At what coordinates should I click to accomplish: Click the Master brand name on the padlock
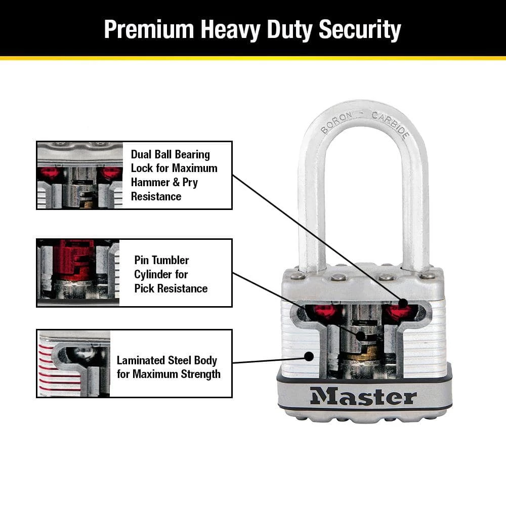pos(363,396)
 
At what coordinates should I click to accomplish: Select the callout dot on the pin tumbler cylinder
pos(360,335)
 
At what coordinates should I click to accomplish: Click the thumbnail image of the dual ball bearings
pos(80,175)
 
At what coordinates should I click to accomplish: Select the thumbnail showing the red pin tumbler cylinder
pos(78,273)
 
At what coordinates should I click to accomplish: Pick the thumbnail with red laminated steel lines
pos(73,363)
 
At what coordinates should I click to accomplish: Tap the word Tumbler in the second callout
pos(170,260)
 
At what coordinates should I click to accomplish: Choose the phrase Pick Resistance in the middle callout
pos(171,288)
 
